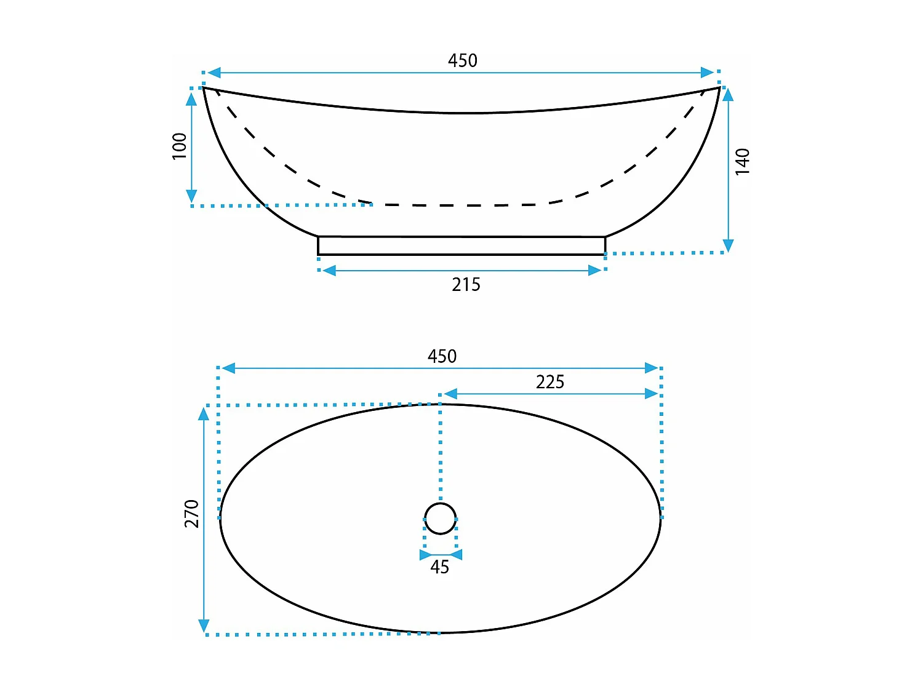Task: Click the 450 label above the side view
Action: coord(462,60)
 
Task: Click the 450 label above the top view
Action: coord(442,356)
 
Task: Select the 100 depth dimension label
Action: coord(180,146)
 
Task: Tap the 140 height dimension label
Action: coord(742,162)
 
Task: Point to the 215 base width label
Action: coord(466,285)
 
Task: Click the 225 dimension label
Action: coord(550,382)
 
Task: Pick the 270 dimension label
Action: coord(192,514)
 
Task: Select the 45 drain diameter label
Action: coord(439,567)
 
